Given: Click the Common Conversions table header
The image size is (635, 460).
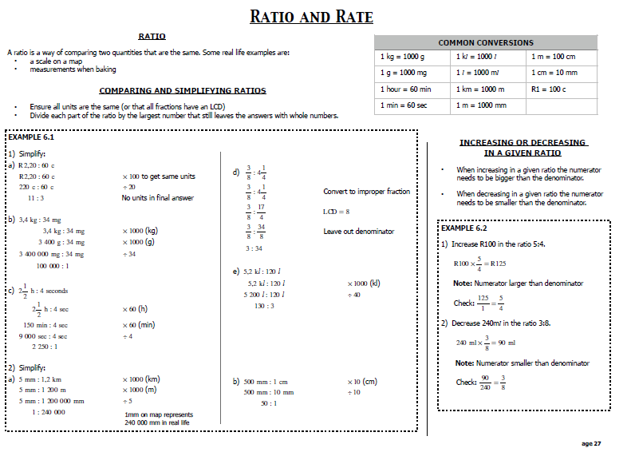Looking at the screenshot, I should point(486,42).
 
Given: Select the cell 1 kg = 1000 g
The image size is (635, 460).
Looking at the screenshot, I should point(402,57).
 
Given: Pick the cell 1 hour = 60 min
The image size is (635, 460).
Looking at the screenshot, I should point(405,89).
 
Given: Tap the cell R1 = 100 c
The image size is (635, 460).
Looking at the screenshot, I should point(548,89).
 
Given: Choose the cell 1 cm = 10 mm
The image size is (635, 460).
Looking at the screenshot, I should point(554,73).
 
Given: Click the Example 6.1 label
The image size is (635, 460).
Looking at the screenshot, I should point(26,138).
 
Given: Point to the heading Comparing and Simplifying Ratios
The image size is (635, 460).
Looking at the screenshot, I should point(183,90).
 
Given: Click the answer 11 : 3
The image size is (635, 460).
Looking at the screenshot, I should point(36,198).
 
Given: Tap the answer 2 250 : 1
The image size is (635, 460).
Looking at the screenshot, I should point(45,347).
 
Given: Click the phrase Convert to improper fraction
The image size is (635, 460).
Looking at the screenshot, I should point(366,192).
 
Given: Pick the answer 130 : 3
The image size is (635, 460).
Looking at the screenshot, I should point(265,306).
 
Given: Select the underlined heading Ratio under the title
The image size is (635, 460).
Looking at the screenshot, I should point(152,36).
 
